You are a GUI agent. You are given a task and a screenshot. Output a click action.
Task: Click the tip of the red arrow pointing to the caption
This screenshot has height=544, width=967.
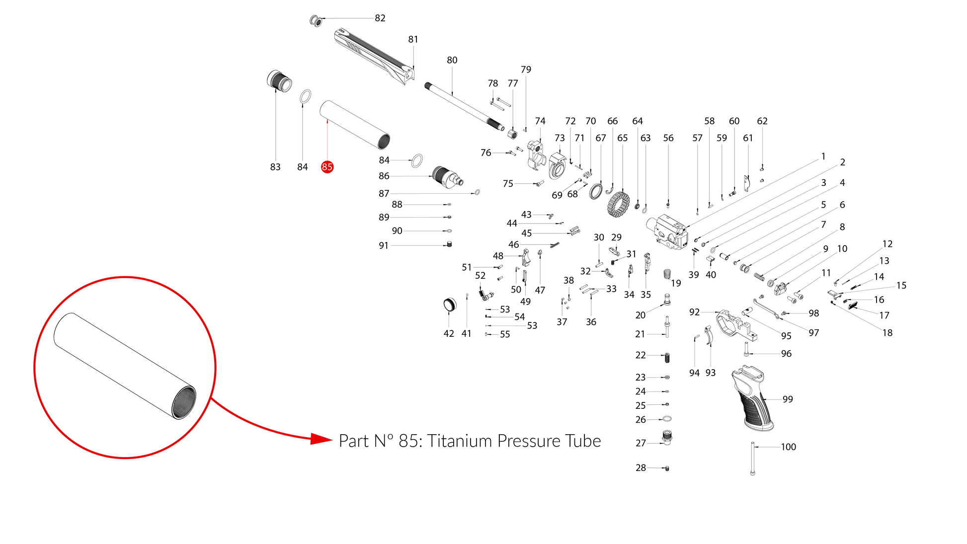332,439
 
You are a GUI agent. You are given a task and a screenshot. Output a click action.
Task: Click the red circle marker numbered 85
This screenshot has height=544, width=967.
327,167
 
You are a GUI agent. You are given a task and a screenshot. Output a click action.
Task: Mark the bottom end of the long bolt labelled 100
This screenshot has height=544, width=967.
752,474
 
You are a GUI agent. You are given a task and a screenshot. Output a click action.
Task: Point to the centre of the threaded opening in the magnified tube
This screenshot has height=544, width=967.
184,402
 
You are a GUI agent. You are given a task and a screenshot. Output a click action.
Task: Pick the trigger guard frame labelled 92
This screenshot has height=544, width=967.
736,325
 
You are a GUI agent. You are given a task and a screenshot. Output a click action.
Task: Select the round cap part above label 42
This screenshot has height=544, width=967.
450,305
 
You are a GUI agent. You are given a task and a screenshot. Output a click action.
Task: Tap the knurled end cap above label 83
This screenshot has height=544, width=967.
279,81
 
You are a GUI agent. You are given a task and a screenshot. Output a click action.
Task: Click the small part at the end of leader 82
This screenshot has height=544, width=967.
316,21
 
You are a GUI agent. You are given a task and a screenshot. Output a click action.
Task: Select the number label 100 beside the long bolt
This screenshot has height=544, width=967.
788,447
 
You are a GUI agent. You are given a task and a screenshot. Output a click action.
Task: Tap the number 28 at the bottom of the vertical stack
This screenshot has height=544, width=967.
641,467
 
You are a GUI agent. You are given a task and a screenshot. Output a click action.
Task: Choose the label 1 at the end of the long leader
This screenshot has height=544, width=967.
823,156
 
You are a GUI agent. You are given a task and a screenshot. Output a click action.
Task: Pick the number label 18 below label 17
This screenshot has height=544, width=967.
887,333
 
